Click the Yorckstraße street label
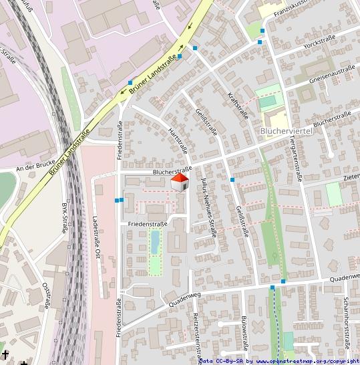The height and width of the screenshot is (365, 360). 318,46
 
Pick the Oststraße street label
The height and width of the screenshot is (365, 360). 47,295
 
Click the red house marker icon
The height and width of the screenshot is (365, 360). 179,182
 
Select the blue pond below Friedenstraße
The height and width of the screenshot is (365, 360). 155,241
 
